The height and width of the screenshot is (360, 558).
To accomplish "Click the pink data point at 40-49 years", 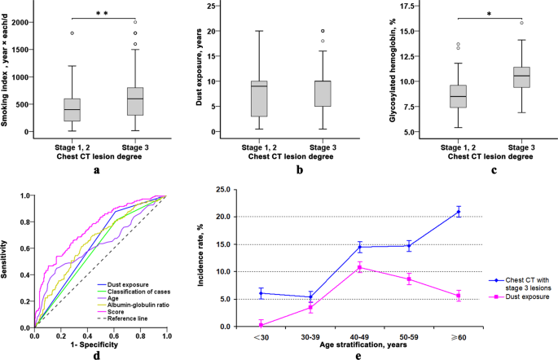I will (360, 267).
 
